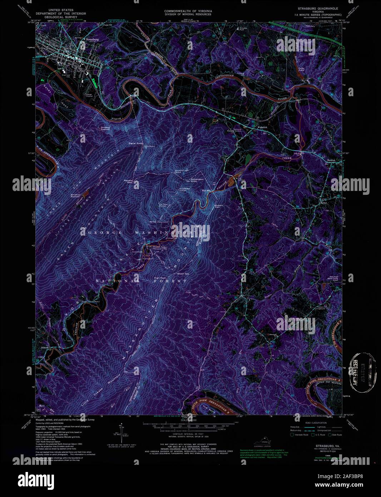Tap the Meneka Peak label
tap(128, 181)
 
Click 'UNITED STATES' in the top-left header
tap(61, 10)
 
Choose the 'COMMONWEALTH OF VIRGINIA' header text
tap(188, 11)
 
